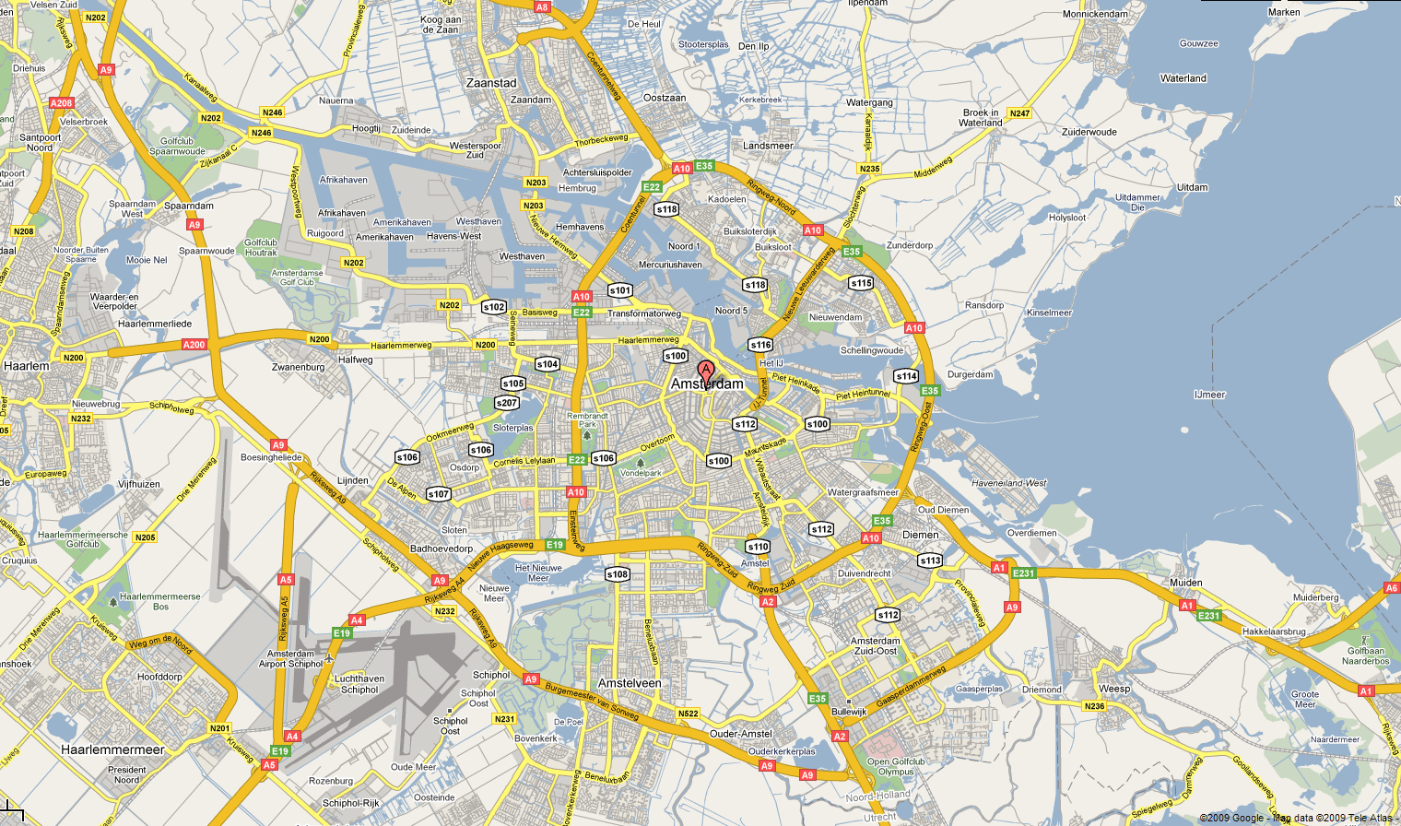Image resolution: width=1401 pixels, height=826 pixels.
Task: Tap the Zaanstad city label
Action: (491, 83)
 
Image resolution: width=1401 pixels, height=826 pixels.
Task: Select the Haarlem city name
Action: (27, 366)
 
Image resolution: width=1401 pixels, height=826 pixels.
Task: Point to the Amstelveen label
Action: (630, 683)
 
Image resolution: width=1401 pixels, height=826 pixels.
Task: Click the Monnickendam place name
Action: (1095, 14)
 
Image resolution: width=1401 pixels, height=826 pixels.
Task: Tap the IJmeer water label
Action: (1209, 395)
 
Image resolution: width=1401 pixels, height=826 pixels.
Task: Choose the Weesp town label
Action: (1114, 689)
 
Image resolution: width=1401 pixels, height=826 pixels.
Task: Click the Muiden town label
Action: (1185, 583)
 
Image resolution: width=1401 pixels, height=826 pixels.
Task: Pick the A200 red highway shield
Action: (194, 345)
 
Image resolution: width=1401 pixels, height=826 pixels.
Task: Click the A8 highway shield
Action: (542, 7)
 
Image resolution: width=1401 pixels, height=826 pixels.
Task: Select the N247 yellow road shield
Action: (1019, 113)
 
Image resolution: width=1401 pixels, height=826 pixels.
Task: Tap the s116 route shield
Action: (760, 345)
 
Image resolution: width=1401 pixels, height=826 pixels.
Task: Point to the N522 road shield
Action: (688, 714)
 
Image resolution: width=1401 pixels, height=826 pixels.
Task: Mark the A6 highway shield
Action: (1391, 588)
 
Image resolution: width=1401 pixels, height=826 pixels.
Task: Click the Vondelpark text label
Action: (641, 473)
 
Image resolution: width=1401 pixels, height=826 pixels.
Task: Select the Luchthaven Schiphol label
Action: (359, 684)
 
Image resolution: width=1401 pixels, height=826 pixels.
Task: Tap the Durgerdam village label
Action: (970, 374)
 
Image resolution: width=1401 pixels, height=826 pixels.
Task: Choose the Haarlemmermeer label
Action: (112, 749)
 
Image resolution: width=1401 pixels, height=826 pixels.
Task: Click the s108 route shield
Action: (617, 574)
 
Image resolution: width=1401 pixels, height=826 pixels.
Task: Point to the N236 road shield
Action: (1094, 706)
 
